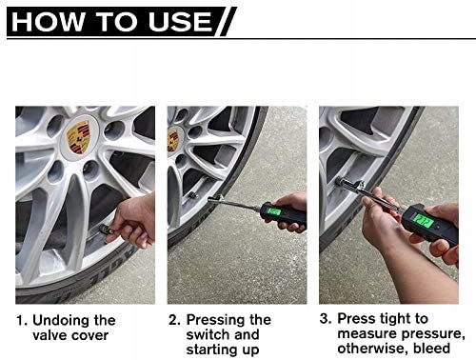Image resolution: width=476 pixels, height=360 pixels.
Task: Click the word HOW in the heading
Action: tap(48, 22)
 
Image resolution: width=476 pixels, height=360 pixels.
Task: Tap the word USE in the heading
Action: tap(180, 22)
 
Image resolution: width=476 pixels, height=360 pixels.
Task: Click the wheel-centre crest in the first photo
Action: tap(79, 137)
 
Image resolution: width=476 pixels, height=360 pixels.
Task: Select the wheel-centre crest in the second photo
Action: tap(173, 140)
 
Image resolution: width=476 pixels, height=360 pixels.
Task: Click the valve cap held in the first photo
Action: tap(106, 229)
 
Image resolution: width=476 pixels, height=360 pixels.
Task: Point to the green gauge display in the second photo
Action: tap(273, 211)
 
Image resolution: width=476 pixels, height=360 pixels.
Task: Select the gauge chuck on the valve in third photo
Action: tap(350, 184)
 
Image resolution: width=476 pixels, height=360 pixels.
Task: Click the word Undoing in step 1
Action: tap(59, 320)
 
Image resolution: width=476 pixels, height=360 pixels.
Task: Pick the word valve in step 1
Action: tap(49, 335)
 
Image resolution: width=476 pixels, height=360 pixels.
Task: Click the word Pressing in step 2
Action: tap(215, 320)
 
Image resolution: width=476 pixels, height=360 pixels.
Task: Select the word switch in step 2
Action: tap(206, 334)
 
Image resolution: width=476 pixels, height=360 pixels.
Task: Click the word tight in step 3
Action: tap(392, 319)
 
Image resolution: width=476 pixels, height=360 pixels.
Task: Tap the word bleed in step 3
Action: tap(431, 349)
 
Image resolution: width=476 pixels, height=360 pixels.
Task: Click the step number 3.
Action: tap(326, 318)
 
